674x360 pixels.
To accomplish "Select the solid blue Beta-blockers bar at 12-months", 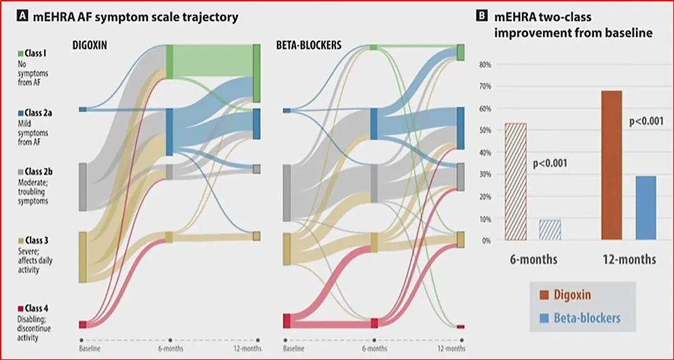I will [646, 208].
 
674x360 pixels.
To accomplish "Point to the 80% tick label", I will [485, 65].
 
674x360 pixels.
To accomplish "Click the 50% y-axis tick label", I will [485, 131].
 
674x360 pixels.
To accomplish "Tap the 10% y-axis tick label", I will [485, 219].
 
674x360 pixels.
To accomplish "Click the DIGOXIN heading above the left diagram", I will [95, 45].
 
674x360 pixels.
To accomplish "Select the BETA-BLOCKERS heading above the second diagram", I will [308, 45].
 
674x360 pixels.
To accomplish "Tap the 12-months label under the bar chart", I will [628, 259].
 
